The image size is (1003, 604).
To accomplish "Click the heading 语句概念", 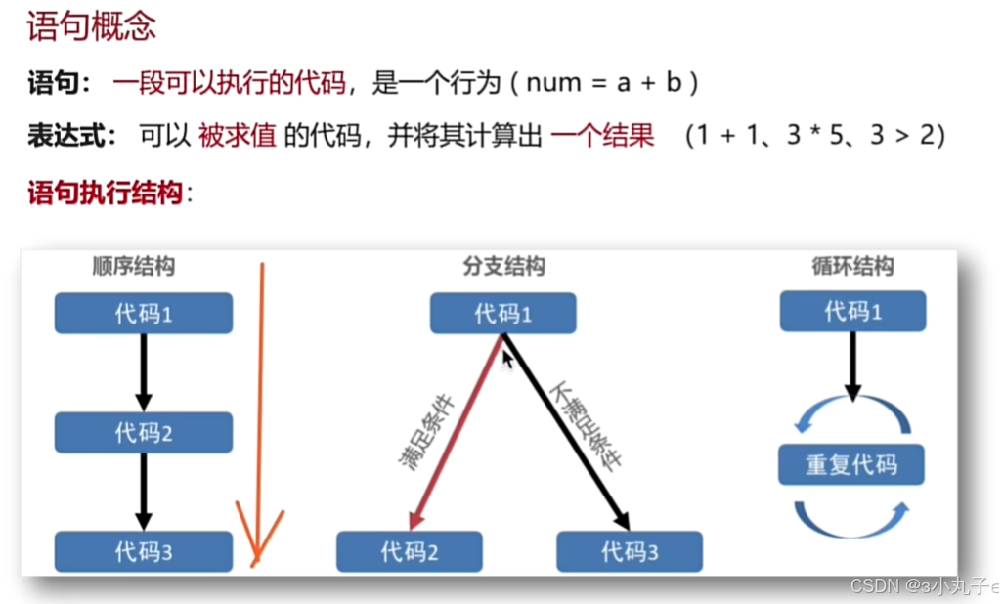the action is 92,26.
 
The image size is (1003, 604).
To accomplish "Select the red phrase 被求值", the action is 237,135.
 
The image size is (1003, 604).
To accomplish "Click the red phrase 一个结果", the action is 601,135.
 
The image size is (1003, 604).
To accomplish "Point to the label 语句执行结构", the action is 106,193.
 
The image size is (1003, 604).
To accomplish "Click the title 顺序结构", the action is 134,266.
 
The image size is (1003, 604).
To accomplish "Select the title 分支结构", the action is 503,266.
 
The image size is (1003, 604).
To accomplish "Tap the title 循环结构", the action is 852,266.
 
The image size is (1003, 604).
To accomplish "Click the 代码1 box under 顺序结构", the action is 144,314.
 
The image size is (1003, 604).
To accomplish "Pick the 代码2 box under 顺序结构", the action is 144,433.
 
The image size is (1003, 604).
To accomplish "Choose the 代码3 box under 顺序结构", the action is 144,552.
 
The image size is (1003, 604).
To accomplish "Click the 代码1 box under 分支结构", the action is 503,314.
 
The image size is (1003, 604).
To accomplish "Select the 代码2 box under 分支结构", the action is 410,552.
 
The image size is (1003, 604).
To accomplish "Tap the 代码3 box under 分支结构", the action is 630,552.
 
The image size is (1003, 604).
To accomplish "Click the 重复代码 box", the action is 851,464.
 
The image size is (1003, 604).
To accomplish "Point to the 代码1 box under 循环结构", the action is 852,312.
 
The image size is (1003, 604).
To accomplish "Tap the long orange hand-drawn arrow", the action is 261,410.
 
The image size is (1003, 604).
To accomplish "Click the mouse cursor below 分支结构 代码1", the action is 507,361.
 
